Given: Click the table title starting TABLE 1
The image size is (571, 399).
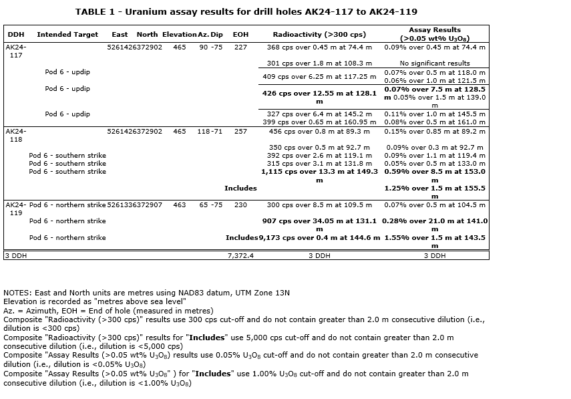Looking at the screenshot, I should (246, 12).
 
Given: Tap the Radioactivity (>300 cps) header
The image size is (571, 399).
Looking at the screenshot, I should (319, 34).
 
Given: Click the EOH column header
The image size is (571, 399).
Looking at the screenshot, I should (240, 34).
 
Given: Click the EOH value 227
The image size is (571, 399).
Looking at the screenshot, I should (240, 47).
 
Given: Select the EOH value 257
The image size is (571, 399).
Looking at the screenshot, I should (240, 132).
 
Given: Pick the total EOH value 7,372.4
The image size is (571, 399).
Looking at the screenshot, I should (240, 255).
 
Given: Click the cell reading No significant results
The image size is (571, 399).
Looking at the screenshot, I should (434, 63).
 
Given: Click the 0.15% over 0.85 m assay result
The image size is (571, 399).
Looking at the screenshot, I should (434, 132).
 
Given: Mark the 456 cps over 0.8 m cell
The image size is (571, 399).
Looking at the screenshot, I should (319, 132).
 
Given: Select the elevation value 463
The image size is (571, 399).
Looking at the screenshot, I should (180, 205).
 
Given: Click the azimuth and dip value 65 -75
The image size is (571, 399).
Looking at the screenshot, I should (211, 205).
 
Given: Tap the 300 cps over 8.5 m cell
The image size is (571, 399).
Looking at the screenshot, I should (319, 205).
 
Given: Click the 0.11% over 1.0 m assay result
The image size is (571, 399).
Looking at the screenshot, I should (434, 114).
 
